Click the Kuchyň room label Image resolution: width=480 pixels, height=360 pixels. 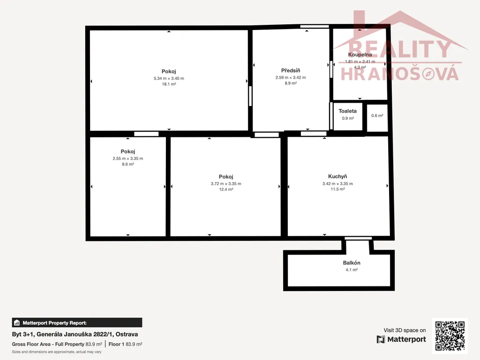(337, 176)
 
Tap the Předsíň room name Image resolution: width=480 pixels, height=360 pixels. (291, 70)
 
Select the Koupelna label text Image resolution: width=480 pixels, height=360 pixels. (360, 54)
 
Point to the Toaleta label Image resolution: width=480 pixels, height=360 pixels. (347, 111)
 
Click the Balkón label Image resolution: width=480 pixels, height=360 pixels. (352, 262)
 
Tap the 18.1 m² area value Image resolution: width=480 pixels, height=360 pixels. (169, 84)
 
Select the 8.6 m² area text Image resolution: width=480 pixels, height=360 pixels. (128, 165)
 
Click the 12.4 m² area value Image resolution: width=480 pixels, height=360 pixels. (226, 189)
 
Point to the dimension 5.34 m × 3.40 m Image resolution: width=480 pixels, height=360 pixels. (169, 78)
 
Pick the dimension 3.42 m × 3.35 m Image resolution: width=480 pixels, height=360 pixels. (337, 184)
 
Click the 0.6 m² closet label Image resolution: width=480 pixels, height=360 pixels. (377, 116)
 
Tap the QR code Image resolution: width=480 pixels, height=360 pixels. (450, 336)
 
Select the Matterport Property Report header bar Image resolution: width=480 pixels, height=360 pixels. (77, 322)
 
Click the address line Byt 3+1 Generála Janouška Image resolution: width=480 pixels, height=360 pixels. (75, 334)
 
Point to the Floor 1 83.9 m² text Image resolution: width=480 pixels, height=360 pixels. (125, 344)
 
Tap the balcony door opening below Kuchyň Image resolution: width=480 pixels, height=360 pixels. (358, 238)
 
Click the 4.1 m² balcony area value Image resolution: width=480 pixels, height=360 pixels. (352, 270)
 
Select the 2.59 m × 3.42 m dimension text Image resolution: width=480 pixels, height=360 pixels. (291, 77)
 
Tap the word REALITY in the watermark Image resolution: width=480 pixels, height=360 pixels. (400, 49)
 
